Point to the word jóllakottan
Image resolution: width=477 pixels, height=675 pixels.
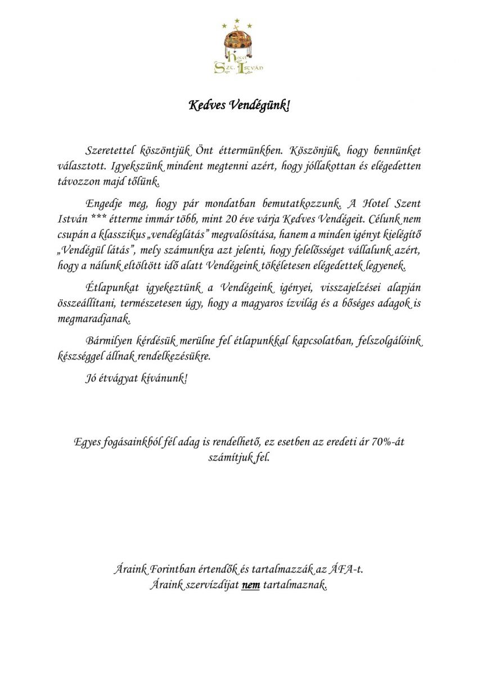tap(320, 166)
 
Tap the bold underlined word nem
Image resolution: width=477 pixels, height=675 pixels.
tap(250, 586)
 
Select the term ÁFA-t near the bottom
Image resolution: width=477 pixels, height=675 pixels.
tap(350, 570)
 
